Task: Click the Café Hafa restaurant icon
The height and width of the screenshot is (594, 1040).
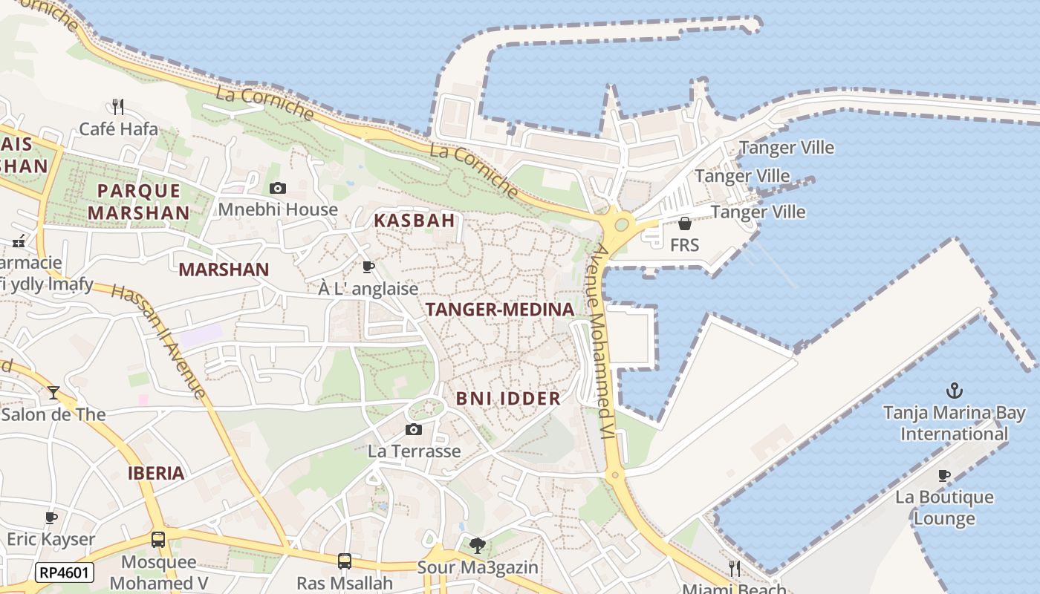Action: pos(117,106)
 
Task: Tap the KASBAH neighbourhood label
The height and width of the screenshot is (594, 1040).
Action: pos(414,221)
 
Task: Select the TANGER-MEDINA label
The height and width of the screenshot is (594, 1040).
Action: pos(500,310)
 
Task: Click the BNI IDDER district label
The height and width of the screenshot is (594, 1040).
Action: pos(508,398)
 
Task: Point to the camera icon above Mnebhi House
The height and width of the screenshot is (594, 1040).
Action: pos(278,188)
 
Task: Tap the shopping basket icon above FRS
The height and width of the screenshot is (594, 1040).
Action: pos(684,223)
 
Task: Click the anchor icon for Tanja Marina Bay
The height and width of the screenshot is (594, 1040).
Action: pos(954,390)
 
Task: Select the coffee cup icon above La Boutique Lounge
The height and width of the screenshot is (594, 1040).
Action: pos(944,475)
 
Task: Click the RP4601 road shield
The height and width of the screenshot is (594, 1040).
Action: pos(64,572)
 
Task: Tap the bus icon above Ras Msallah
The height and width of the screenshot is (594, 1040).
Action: pos(344,561)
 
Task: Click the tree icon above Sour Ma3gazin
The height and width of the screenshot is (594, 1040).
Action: pos(478,546)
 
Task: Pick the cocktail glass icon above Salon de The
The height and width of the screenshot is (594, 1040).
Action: pos(53,392)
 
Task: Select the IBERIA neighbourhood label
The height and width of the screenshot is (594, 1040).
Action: pos(156,473)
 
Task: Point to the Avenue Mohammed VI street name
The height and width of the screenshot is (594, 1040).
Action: pos(601,342)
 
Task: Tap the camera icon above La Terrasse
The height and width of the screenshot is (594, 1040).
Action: pos(414,429)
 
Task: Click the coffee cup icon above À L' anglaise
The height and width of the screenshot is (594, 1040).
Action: pos(368,267)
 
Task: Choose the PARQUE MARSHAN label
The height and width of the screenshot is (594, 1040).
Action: pos(139,201)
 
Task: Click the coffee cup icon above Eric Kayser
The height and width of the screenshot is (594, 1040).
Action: pos(51,518)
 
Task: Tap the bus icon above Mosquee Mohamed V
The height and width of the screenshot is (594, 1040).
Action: pos(158,539)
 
